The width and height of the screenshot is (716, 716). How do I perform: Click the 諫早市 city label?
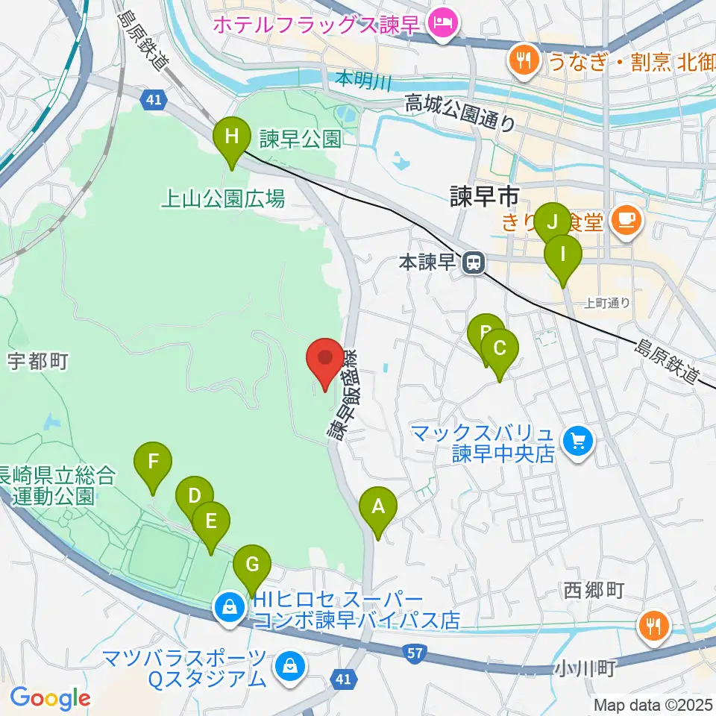484,198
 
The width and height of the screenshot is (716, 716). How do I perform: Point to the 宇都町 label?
39,362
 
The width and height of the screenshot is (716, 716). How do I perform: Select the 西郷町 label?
594,591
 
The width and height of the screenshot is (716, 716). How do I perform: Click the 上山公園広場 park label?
224,198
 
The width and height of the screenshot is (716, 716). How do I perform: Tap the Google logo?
49,698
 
